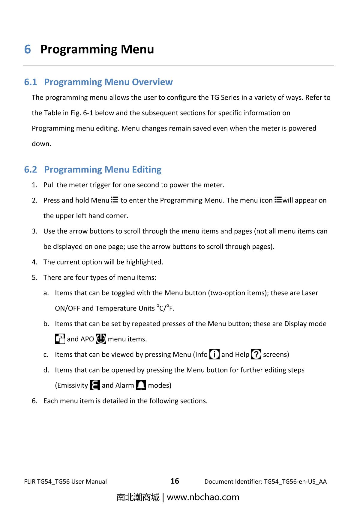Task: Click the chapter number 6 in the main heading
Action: [27, 49]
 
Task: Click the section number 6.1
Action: [31, 82]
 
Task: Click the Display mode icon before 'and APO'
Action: [60, 339]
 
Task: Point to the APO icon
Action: [101, 339]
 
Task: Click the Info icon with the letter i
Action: [214, 354]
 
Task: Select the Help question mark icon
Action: [256, 354]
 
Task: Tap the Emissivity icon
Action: [95, 385]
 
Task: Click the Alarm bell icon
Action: [141, 385]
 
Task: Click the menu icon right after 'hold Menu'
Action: [115, 200]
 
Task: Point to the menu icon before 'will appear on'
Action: [278, 200]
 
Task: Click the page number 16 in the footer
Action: [175, 481]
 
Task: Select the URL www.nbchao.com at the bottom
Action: [203, 497]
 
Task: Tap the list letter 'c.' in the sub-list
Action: [46, 355]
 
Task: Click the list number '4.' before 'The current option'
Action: [35, 262]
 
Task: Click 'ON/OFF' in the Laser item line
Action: [67, 308]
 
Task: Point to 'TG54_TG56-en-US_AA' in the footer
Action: [295, 482]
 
